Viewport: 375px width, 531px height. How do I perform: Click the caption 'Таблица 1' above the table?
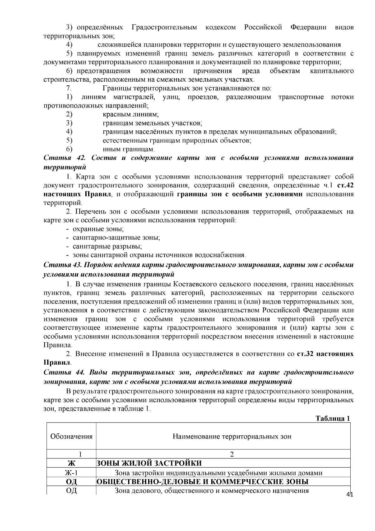click(332, 418)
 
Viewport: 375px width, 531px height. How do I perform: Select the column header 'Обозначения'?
click(71, 436)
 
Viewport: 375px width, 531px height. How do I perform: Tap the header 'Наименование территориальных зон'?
click(232, 436)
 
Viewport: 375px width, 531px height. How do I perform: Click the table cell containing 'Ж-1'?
click(71, 473)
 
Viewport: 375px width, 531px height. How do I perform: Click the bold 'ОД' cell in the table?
click(71, 481)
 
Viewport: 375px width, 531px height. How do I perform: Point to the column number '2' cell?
click(232, 454)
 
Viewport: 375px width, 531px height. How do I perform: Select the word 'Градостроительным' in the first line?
click(164, 27)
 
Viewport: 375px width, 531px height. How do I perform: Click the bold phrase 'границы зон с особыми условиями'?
click(240, 194)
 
